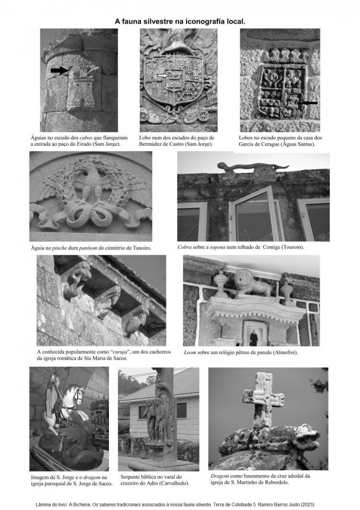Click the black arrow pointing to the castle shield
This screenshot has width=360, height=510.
point(59,70)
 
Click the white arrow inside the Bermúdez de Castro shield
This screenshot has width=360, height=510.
point(164,76)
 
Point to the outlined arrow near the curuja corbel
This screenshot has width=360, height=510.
point(156,325)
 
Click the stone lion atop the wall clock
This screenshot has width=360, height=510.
point(252,284)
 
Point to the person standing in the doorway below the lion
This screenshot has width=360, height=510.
point(253,338)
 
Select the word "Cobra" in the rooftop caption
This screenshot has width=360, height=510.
point(187,246)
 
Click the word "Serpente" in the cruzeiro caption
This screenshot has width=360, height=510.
point(133,476)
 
